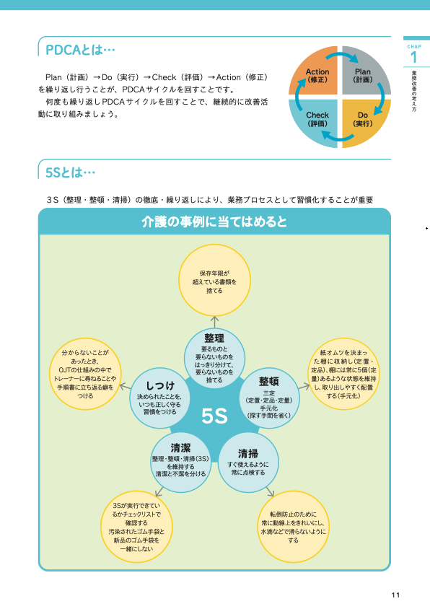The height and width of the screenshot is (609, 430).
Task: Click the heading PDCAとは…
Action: pyautogui.click(x=80, y=50)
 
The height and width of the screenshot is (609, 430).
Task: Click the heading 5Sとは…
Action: pyautogui.click(x=70, y=172)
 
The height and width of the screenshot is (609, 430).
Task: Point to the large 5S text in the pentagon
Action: pyautogui.click(x=214, y=416)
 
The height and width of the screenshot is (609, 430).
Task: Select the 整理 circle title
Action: pyautogui.click(x=214, y=338)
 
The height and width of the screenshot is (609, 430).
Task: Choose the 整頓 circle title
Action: pyautogui.click(x=269, y=382)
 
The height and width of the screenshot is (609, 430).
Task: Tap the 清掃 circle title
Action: pyautogui.click(x=248, y=453)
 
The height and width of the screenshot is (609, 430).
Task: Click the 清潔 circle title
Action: pyautogui.click(x=180, y=448)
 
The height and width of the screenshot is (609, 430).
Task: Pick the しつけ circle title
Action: pyautogui.click(x=160, y=385)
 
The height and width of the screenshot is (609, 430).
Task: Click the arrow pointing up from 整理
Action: pyautogui.click(x=214, y=322)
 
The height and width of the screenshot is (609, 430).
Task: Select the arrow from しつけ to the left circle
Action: pyautogui.click(x=126, y=387)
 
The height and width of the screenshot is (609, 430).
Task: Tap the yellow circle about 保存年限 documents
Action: pyautogui.click(x=214, y=280)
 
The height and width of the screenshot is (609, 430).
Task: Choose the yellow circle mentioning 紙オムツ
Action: pyautogui.click(x=343, y=374)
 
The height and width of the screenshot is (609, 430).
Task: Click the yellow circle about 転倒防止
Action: pyautogui.click(x=293, y=526)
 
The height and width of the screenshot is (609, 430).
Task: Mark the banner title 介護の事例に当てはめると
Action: pyautogui.click(x=214, y=222)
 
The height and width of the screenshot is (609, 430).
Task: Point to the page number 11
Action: pyautogui.click(x=395, y=595)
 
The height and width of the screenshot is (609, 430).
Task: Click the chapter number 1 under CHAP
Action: pyautogui.click(x=413, y=58)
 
